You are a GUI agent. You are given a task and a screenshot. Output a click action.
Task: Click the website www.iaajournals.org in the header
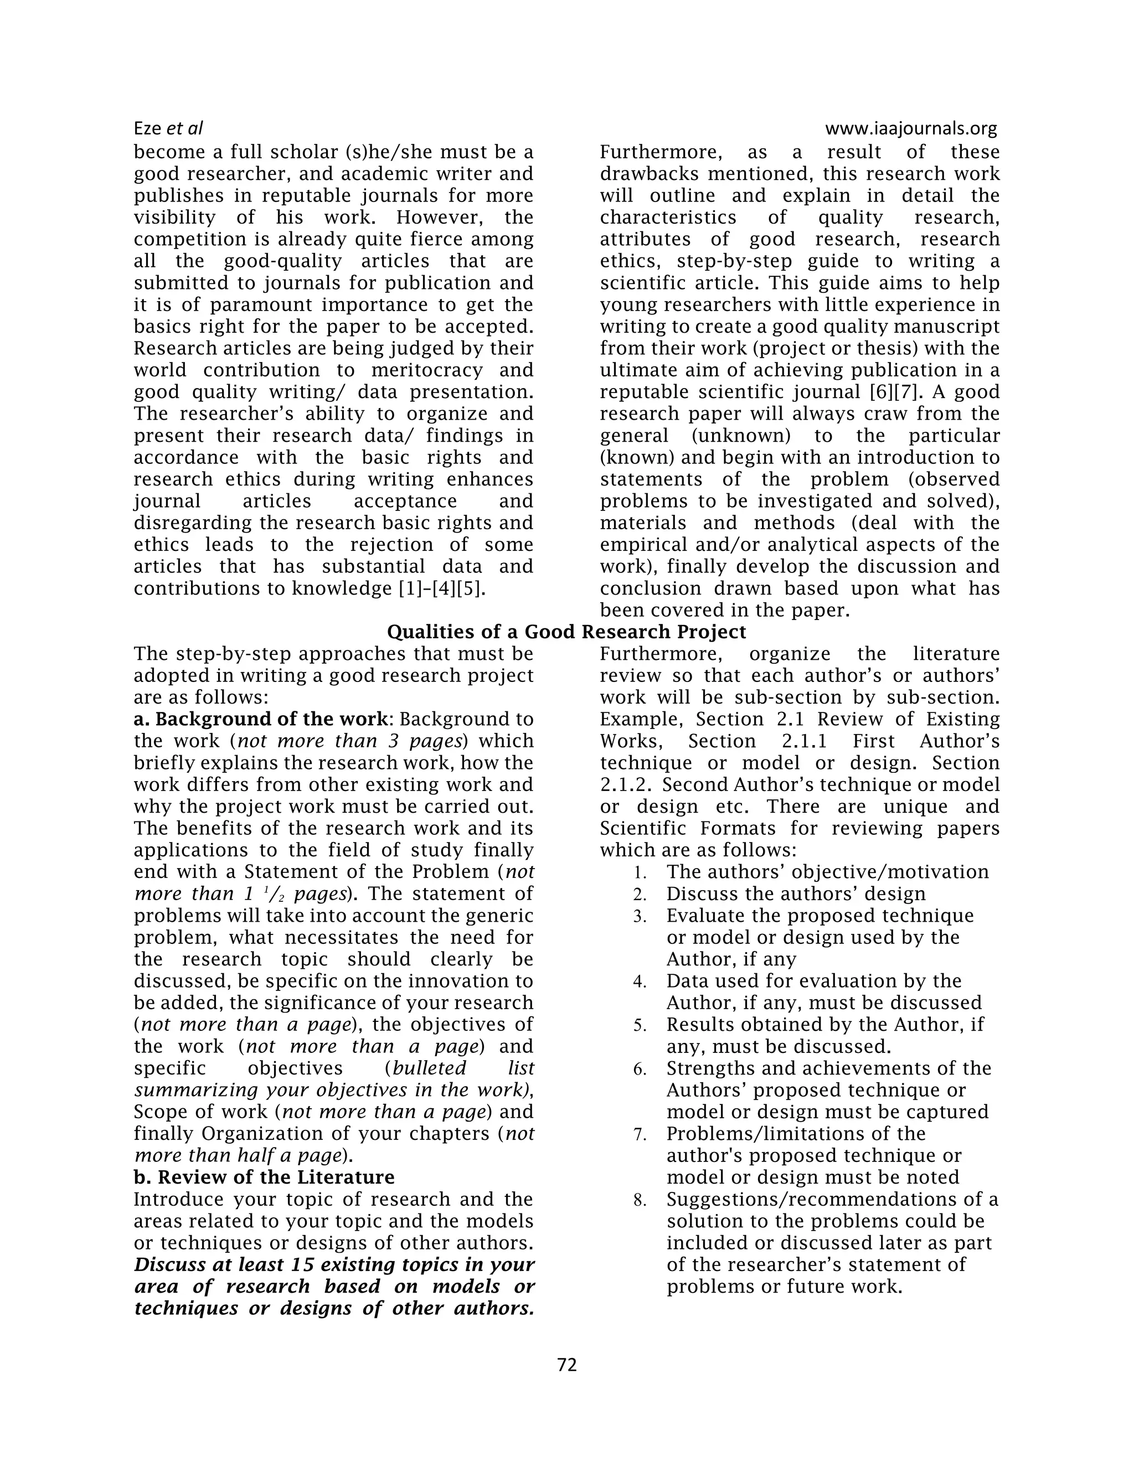click(910, 128)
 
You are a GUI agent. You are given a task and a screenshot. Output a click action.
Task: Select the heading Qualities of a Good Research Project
click(566, 632)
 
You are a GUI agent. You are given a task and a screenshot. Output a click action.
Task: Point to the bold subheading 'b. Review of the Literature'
click(264, 1177)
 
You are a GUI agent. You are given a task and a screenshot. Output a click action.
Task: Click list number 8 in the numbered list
click(640, 1200)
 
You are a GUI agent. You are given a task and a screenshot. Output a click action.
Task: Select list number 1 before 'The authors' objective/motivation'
click(640, 873)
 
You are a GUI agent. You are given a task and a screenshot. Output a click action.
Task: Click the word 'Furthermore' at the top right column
click(661, 152)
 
